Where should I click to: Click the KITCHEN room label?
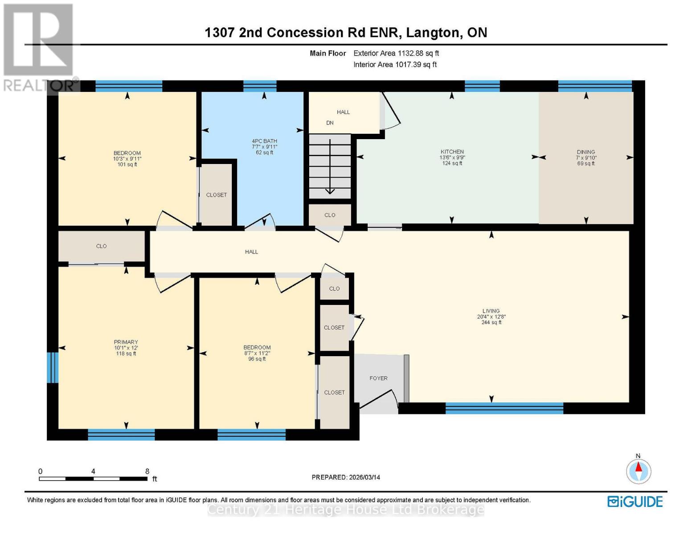452,152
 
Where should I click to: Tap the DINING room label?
586,152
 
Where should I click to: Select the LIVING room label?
491,311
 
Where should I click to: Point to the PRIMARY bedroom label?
126,342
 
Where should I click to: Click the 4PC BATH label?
264,141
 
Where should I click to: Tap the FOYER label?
378,378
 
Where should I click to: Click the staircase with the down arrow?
330,167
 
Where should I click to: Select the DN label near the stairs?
330,123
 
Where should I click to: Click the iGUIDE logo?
635,501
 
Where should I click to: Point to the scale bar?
93,479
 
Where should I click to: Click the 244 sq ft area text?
491,322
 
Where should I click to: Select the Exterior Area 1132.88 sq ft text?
396,53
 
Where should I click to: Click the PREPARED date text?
346,477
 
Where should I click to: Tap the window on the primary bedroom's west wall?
53,367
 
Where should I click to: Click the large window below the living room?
504,408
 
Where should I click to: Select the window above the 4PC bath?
260,86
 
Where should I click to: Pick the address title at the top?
346,33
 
